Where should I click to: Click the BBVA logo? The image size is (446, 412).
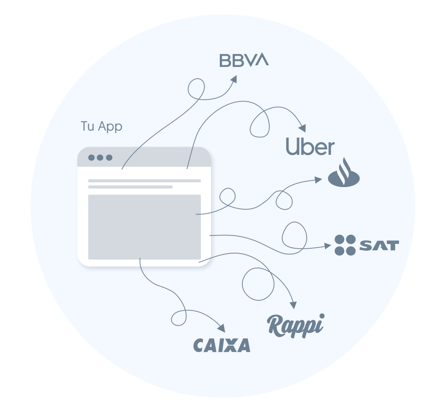tap(244, 60)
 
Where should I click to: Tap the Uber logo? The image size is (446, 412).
tap(310, 146)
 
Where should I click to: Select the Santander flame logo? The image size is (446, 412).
tap(344, 173)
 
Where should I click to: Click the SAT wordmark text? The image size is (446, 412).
tap(379, 246)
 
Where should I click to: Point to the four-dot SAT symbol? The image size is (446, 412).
tap(345, 245)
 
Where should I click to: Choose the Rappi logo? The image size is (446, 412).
tap(296, 326)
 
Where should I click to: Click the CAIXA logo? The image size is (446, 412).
tap(222, 345)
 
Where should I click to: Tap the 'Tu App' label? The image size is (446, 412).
tap(101, 126)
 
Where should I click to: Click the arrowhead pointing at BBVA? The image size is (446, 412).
tap(233, 79)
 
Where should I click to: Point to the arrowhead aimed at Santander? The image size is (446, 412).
tap(318, 180)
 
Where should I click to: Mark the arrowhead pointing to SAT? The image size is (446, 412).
tap(328, 246)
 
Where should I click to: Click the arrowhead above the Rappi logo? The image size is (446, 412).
tap(293, 305)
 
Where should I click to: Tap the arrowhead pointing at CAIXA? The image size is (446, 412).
tap(221, 329)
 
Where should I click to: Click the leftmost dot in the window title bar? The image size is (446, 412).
tap(91, 158)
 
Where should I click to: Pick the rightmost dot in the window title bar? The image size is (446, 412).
tap(109, 158)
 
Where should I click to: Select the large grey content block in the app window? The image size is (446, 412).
tap(145, 227)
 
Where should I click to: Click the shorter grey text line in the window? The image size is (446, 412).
tap(130, 187)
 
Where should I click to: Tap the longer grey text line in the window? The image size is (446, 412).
tap(145, 181)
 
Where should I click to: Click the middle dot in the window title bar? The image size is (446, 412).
tap(100, 158)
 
